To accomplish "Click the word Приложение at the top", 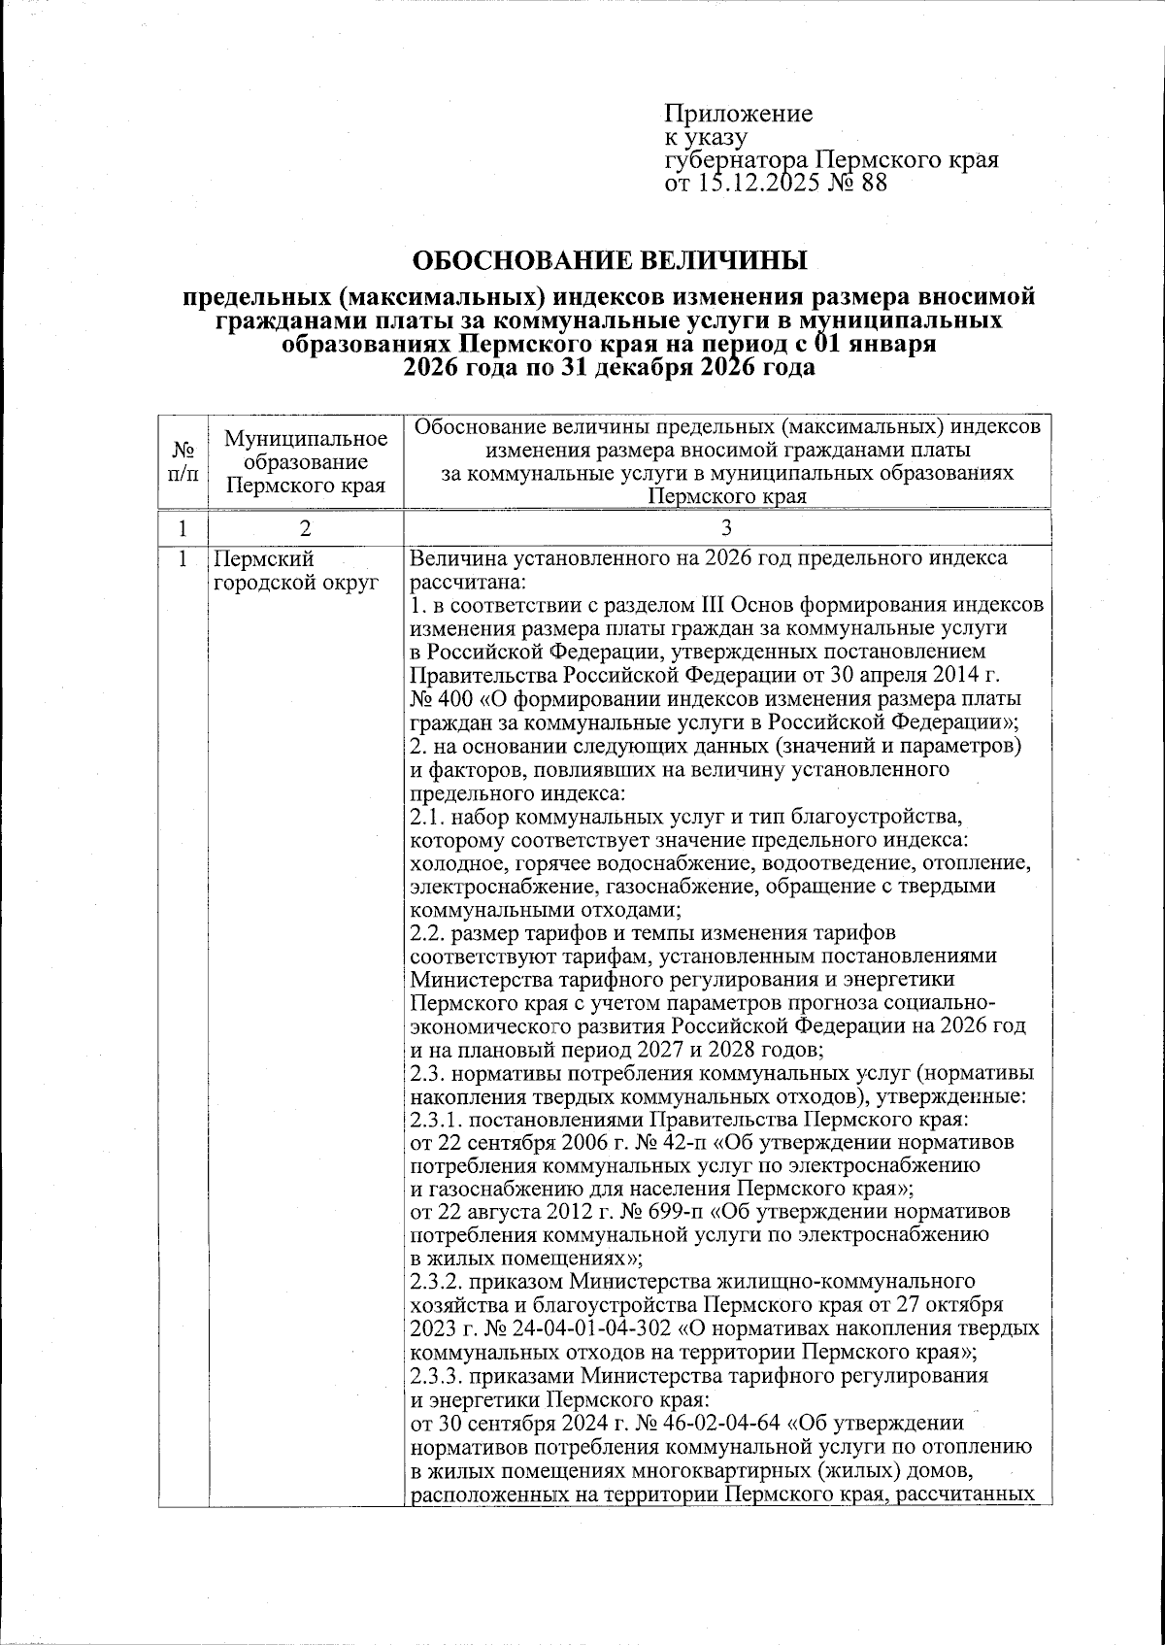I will coord(738,115).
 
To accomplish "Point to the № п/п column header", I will coord(183,461).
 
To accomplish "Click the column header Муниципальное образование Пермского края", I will coord(306,461).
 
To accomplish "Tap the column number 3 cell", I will coord(727,528).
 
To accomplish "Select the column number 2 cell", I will coord(306,528).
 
